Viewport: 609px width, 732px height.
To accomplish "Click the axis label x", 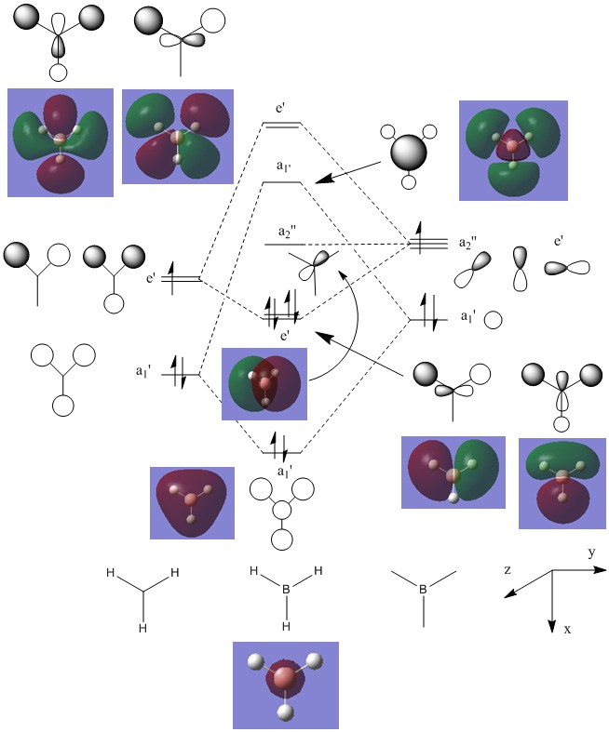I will [x=567, y=630].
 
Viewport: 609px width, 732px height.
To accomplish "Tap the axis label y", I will [x=590, y=552].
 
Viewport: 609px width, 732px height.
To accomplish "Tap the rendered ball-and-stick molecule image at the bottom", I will [x=286, y=685].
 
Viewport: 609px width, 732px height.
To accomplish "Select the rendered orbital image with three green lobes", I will [x=512, y=151].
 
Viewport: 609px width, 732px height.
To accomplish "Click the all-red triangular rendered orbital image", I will [x=192, y=502].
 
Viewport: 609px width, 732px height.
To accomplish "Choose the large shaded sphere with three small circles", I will [x=408, y=153].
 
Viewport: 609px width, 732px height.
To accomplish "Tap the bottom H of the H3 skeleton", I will [x=143, y=629].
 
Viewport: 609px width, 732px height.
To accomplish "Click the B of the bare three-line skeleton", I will [x=423, y=590].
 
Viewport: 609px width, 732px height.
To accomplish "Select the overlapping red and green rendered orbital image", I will [x=264, y=383].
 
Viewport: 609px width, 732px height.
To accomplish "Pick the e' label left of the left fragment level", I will [x=152, y=277].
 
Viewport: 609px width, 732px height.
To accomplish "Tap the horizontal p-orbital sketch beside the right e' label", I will [x=567, y=268].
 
